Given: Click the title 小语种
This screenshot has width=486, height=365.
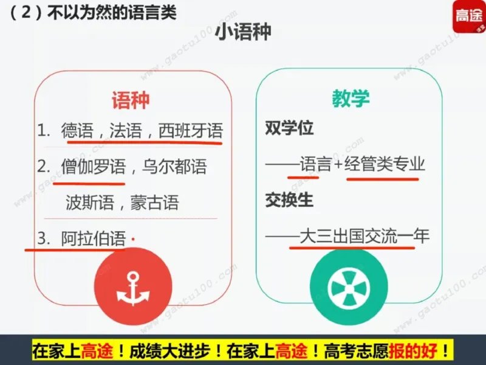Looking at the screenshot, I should pyautogui.click(x=242, y=33).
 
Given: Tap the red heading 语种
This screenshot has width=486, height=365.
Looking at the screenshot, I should pyautogui.click(x=130, y=100).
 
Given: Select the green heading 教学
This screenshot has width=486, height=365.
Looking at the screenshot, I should pyautogui.click(x=351, y=99).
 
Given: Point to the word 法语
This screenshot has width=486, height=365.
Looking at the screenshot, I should pyautogui.click(x=125, y=131).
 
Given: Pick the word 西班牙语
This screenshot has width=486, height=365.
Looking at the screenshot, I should pyautogui.click(x=190, y=131).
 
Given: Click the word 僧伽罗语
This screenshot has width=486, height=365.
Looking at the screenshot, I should pyautogui.click(x=93, y=166).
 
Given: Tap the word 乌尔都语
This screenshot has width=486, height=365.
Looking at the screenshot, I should pyautogui.click(x=174, y=166).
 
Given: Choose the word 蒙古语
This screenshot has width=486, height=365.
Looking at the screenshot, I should pyautogui.click(x=154, y=202).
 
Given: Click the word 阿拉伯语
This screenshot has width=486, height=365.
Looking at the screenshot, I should pyautogui.click(x=93, y=238).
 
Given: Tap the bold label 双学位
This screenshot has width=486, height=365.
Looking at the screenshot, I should pyautogui.click(x=289, y=129).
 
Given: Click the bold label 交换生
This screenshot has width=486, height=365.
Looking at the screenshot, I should pyautogui.click(x=289, y=200).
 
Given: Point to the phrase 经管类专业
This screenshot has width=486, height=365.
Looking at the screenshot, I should pyautogui.click(x=385, y=164).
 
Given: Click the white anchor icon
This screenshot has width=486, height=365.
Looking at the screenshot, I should pyautogui.click(x=133, y=288).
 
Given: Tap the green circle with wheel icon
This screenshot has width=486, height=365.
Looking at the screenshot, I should pyautogui.click(x=348, y=286).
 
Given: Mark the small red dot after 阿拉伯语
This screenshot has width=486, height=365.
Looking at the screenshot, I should pyautogui.click(x=133, y=237).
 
